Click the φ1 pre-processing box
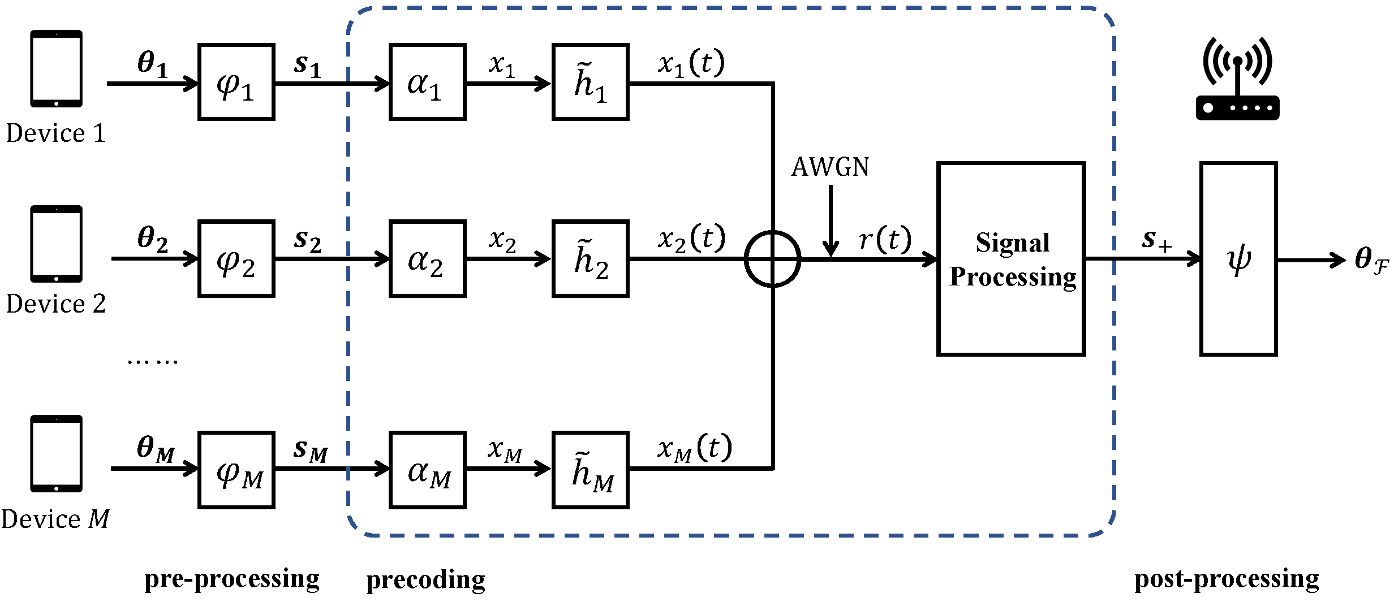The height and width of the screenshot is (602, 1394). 236,82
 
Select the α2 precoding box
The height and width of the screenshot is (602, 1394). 427,258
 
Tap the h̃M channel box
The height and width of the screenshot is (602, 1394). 591,470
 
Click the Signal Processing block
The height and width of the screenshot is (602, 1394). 1011,259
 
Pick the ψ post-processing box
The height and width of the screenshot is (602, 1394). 1238,259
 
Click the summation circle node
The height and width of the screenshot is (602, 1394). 772,259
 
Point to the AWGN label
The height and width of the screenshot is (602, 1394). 830,167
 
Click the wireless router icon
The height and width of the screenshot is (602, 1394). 1237,79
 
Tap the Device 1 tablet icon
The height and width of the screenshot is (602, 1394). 56,68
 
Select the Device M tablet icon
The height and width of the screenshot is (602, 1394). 56,453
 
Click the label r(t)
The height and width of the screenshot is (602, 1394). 884,239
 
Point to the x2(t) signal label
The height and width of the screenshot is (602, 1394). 691,238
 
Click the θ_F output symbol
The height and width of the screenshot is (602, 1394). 1371,260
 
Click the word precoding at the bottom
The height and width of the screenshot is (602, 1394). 425,580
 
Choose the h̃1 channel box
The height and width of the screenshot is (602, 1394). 591,82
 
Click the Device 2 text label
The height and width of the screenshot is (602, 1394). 56,304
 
